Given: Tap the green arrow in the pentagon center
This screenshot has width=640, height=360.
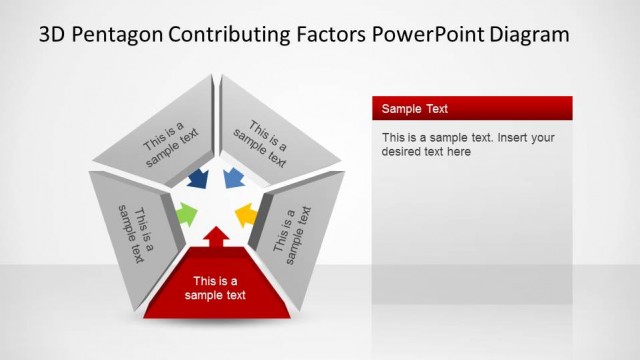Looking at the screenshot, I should [x=186, y=213].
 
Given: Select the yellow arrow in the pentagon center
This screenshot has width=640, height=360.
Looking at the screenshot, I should [x=245, y=214].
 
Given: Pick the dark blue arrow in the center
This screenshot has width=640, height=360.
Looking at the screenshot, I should [x=198, y=179].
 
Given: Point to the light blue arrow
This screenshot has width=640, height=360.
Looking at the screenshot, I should [x=233, y=179].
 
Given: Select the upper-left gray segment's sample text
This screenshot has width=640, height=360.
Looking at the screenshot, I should [x=171, y=141].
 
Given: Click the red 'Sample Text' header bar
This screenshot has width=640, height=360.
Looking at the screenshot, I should [x=471, y=108].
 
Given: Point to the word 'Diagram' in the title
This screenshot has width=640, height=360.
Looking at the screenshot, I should [x=529, y=34].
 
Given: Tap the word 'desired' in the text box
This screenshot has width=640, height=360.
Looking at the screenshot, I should [x=402, y=152].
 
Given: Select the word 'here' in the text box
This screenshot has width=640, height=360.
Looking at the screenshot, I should [x=459, y=152].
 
